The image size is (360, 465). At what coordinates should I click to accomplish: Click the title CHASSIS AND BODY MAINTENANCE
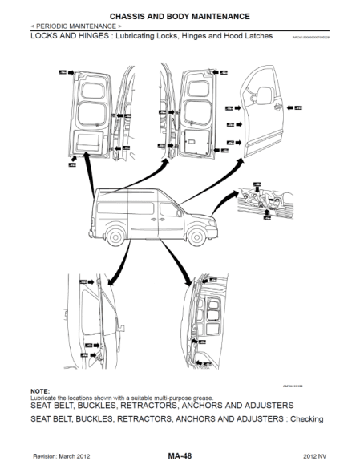(x=180, y=16)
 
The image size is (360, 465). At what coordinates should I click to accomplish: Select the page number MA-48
(x=180, y=454)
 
